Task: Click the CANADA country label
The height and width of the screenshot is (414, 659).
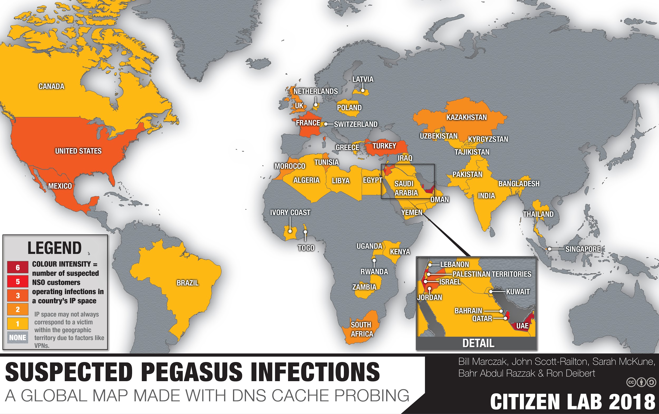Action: pyautogui.click(x=51, y=86)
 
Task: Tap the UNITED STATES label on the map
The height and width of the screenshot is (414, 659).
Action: pyautogui.click(x=78, y=151)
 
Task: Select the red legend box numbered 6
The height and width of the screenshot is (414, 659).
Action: pyautogui.click(x=18, y=267)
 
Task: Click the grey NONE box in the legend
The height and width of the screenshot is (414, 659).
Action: pyautogui.click(x=18, y=337)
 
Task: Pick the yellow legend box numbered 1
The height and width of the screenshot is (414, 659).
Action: pyautogui.click(x=18, y=324)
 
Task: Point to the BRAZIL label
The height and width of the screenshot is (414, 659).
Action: pyautogui.click(x=187, y=283)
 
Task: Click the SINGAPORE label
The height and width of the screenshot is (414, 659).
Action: pyautogui.click(x=583, y=249)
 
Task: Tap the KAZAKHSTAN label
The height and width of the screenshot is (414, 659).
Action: pyautogui.click(x=467, y=117)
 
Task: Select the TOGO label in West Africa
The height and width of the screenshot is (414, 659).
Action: pyautogui.click(x=306, y=248)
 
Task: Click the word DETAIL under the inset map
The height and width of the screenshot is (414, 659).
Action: pyautogui.click(x=478, y=343)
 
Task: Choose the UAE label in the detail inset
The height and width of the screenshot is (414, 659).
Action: pyautogui.click(x=522, y=326)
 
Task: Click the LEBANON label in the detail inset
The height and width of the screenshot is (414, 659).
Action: pyautogui.click(x=454, y=264)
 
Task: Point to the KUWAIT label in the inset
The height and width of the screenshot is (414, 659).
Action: pyautogui.click(x=518, y=292)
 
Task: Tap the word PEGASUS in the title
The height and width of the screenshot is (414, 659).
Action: pyautogui.click(x=192, y=372)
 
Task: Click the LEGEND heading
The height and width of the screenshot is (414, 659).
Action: pyautogui.click(x=55, y=248)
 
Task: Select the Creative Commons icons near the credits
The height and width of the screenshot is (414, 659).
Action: pyautogui.click(x=641, y=382)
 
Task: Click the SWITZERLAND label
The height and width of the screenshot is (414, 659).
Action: pyautogui.click(x=356, y=124)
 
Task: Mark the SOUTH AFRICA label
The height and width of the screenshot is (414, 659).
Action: pyautogui.click(x=361, y=329)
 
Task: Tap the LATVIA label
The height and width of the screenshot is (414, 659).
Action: pyautogui.click(x=363, y=79)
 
